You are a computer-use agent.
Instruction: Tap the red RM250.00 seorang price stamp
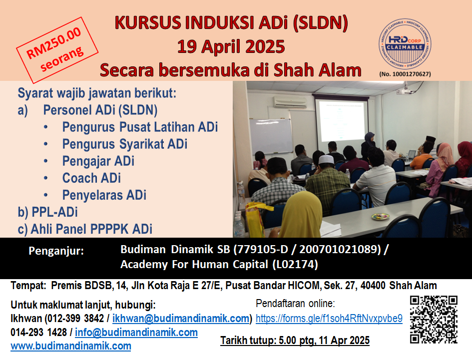(x=57, y=50)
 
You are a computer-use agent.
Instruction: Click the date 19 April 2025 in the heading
(x=231, y=46)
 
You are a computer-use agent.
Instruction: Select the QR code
(x=434, y=320)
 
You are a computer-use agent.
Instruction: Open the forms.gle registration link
(x=329, y=318)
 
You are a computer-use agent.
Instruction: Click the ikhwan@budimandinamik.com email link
(x=181, y=319)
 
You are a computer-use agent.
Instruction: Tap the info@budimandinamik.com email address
(x=136, y=333)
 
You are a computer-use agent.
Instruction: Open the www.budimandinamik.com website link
(x=71, y=346)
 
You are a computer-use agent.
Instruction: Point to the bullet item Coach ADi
(x=91, y=178)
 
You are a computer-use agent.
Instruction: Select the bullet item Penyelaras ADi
(x=104, y=195)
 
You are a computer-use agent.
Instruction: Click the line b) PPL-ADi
(x=47, y=212)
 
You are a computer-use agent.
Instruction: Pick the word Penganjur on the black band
(x=56, y=251)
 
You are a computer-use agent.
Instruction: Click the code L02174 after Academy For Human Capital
(x=295, y=264)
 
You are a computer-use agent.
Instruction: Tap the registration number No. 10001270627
(x=405, y=74)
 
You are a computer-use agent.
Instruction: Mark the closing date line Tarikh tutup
(x=295, y=340)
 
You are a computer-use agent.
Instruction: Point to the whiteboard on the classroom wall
(x=271, y=136)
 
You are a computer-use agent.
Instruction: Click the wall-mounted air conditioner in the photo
(x=290, y=102)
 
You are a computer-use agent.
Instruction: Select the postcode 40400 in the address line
(x=373, y=285)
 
